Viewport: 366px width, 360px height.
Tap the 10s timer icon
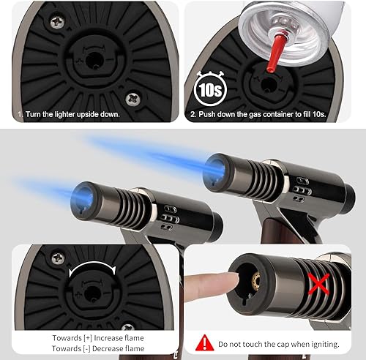pyautogui.click(x=210, y=89)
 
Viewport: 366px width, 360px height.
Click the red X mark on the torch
pyautogui.click(x=318, y=284)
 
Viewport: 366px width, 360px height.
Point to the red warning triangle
pyautogui.click(x=205, y=342)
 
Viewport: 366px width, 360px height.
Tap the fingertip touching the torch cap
pyautogui.click(x=232, y=281)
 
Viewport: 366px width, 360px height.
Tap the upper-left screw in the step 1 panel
pyautogui.click(x=57, y=22)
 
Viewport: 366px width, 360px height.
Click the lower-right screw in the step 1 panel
pyautogui.click(x=133, y=99)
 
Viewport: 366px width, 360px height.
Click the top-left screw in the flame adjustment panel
pyautogui.click(x=59, y=258)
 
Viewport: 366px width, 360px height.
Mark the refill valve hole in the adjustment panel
pyautogui.click(x=91, y=293)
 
